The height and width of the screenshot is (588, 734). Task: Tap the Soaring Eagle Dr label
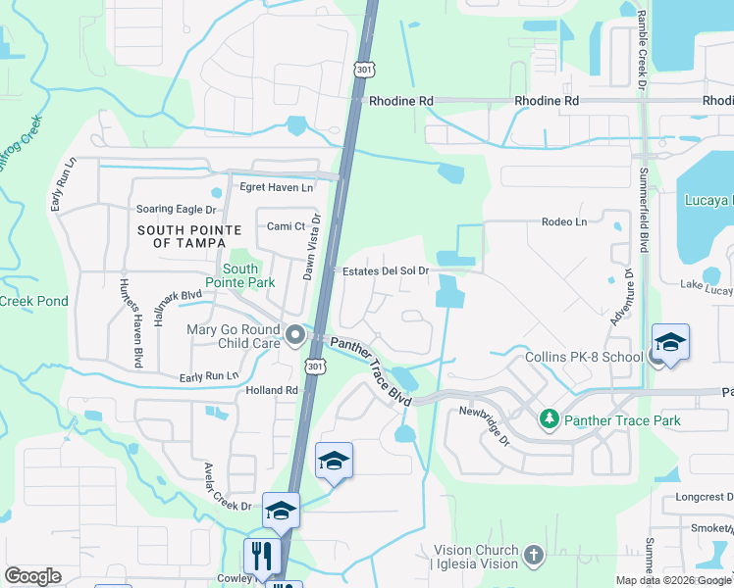click(175, 209)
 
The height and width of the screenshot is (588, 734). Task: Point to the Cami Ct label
click(287, 226)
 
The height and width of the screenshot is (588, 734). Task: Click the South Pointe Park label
click(240, 275)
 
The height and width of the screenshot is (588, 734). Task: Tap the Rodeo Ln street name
click(563, 222)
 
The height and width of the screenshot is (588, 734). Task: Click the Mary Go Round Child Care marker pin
click(294, 337)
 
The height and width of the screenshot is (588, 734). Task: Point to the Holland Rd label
click(271, 390)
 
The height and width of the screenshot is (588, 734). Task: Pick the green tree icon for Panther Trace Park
click(550, 420)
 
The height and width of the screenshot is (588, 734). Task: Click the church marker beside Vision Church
click(533, 556)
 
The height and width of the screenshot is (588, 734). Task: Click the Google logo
click(32, 576)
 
